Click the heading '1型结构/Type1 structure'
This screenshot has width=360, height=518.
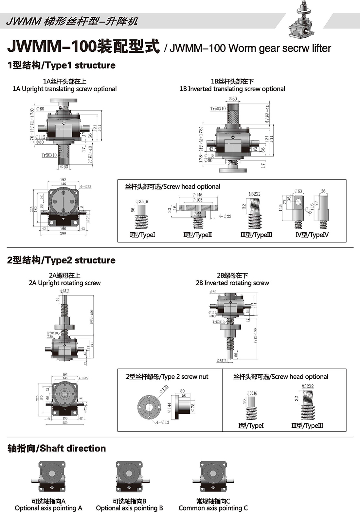pyautogui.click(x=61, y=65)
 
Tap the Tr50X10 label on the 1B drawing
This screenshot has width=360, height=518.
pyautogui.click(x=218, y=108)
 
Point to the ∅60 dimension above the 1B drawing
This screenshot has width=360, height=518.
pyautogui.click(x=233, y=98)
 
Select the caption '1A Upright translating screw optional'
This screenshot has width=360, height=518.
pyautogui.click(x=64, y=89)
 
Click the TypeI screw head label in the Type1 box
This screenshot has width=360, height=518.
pyautogui.click(x=142, y=235)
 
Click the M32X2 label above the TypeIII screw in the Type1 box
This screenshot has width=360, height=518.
pyautogui.click(x=255, y=194)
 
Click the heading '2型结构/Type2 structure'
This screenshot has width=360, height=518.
pyautogui.click(x=61, y=260)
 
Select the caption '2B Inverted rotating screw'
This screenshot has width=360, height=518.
pyautogui.click(x=232, y=283)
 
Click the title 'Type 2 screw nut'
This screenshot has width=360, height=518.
pyautogui.click(x=167, y=377)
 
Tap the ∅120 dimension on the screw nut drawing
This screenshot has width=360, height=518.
pyautogui.click(x=164, y=389)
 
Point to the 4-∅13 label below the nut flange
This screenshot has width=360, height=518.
pyautogui.click(x=163, y=422)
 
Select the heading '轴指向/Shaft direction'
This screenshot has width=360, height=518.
pyautogui.click(x=57, y=448)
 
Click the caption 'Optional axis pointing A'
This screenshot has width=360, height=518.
pyautogui.click(x=48, y=508)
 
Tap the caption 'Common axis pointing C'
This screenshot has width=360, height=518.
pyautogui.click(x=213, y=508)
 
